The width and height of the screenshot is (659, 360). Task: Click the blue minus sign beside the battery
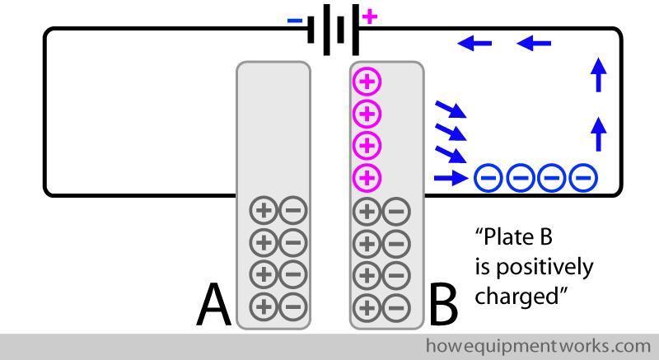[x=295, y=20]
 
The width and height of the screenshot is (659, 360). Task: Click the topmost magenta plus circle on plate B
[x=367, y=82]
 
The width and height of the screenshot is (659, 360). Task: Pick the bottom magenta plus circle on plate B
[x=367, y=176]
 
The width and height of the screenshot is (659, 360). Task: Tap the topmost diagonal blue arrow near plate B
[x=451, y=110]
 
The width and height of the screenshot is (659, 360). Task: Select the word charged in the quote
[x=516, y=294]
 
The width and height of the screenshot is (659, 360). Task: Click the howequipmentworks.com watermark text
[x=538, y=344]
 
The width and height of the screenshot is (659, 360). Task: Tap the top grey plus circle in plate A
[x=263, y=212]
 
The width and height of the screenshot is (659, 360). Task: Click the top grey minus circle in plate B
[x=396, y=212]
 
